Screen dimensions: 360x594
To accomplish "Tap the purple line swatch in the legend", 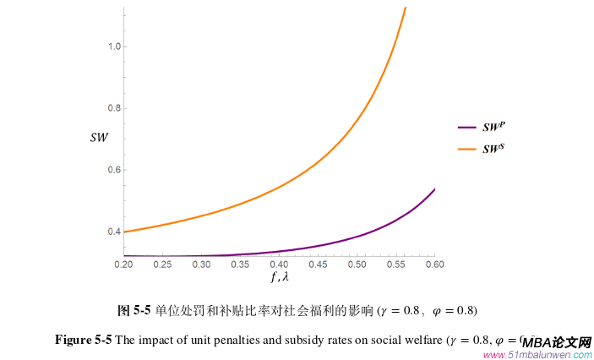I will pos(467,128).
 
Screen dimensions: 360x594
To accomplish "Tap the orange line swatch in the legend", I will pos(467,150).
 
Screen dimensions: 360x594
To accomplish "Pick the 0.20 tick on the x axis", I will pos(123,265).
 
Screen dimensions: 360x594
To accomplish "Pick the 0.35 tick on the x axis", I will pos(240,265).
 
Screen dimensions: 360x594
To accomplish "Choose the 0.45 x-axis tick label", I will pos(318,265).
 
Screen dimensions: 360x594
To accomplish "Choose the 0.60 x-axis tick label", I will pos(433,265).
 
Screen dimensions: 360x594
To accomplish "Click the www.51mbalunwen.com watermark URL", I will pos(537,354).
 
